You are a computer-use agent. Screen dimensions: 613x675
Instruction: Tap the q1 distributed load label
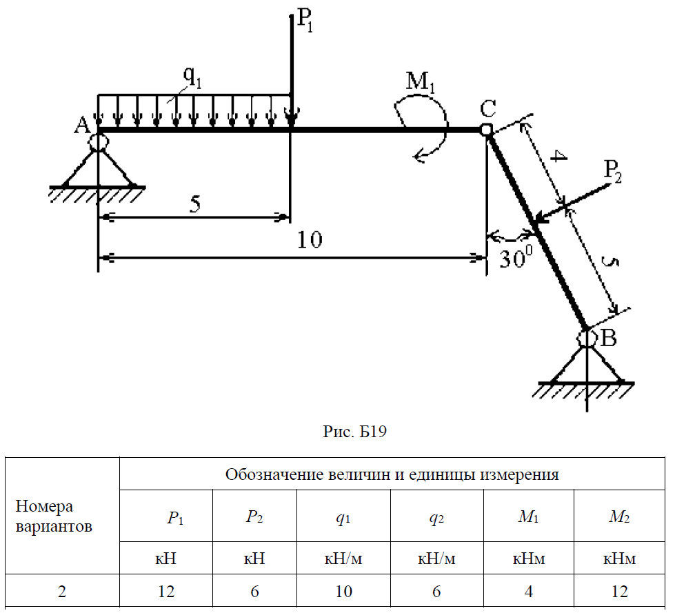pos(192,78)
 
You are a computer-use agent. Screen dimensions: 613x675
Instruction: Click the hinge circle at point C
pos(486,130)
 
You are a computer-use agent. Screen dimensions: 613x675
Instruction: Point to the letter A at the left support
pos(82,125)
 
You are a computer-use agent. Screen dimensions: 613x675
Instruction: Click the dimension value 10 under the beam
pos(309,240)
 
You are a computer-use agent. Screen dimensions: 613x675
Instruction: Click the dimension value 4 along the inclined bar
pos(559,161)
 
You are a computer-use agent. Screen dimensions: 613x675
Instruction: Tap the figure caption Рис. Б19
pos(356,432)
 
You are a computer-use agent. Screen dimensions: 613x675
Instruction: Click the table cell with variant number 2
pos(62,591)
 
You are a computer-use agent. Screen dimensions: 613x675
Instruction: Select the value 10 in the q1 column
pos(344,591)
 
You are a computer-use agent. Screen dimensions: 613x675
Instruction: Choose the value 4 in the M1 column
pos(528,591)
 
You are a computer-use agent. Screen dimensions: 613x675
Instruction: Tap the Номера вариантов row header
pos(54,517)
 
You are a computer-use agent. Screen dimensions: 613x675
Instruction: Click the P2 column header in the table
pos(254,518)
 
